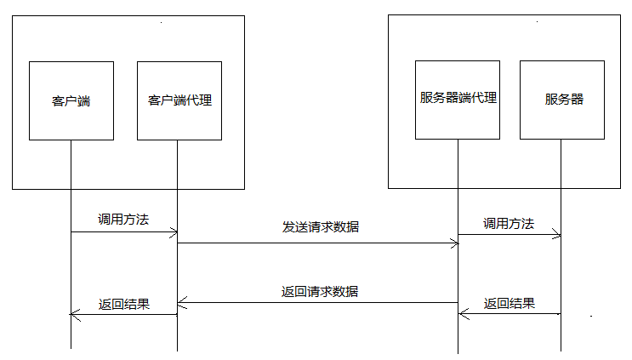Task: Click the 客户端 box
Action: pyautogui.click(x=71, y=100)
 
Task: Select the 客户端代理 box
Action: pyautogui.click(x=179, y=100)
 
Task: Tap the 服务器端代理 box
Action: pyautogui.click(x=458, y=99)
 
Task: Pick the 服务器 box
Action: pyautogui.click(x=562, y=99)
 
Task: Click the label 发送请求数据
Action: pyautogui.click(x=320, y=227)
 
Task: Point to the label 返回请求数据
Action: pyautogui.click(x=320, y=291)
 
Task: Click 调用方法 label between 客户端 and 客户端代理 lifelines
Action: pyautogui.click(x=122, y=220)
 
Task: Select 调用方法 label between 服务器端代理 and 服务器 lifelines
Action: pyautogui.click(x=509, y=224)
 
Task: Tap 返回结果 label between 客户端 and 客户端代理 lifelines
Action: pyautogui.click(x=124, y=304)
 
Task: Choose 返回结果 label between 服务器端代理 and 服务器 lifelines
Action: pyautogui.click(x=510, y=303)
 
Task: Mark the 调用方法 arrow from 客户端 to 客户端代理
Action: pyautogui.click(x=124, y=231)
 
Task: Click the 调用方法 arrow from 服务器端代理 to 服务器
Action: pyautogui.click(x=510, y=234)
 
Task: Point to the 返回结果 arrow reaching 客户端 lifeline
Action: pyautogui.click(x=124, y=315)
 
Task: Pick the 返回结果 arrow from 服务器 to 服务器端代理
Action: pyautogui.click(x=510, y=314)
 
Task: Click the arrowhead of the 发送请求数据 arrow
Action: pyautogui.click(x=454, y=243)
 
